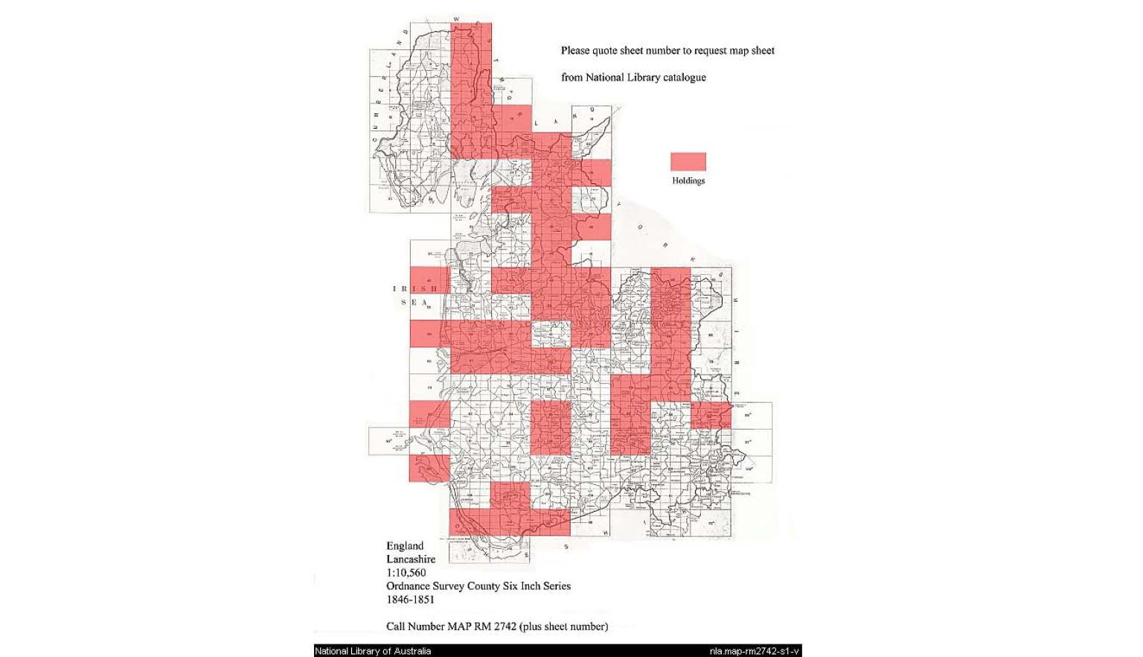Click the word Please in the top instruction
(575, 51)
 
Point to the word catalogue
(685, 77)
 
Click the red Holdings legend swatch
(688, 162)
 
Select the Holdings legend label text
(688, 181)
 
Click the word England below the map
(405, 546)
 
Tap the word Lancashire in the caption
(411, 559)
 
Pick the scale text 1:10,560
(406, 573)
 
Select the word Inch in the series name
(531, 586)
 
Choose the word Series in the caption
(557, 586)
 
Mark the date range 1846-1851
(410, 600)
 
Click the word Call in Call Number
(397, 626)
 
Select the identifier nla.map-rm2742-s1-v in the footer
(754, 651)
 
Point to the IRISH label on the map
(415, 289)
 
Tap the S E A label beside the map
(414, 302)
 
